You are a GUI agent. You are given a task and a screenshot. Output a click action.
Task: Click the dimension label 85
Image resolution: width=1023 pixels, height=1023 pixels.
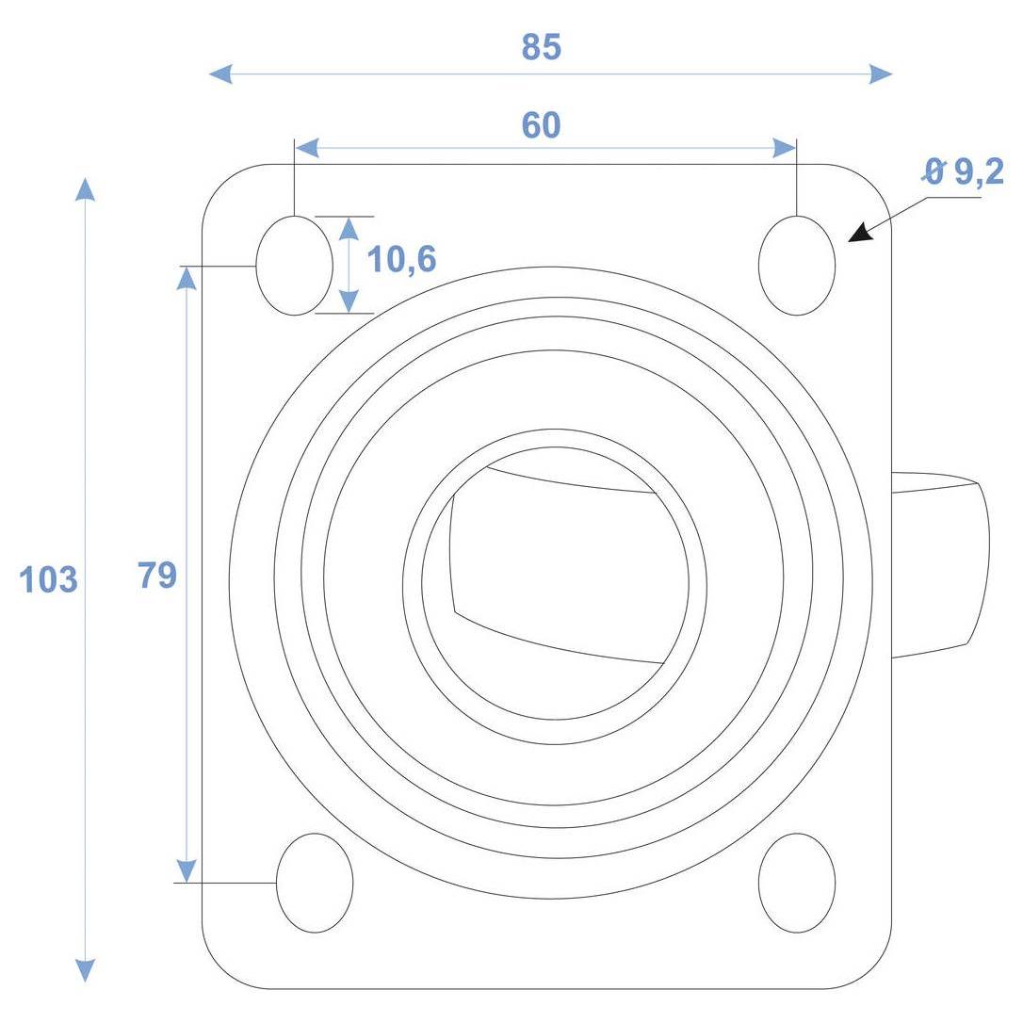click(541, 47)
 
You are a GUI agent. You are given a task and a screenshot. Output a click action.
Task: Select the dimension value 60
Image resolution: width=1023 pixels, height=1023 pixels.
click(541, 125)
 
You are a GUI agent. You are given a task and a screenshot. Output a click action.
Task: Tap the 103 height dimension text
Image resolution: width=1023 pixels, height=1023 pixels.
click(48, 579)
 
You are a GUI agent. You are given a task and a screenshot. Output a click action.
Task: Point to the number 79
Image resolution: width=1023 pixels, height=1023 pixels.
click(157, 576)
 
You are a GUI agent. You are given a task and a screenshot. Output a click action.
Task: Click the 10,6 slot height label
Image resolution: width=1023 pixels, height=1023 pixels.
click(401, 260)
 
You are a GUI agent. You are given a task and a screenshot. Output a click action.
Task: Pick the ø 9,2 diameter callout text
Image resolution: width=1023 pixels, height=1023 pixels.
click(963, 171)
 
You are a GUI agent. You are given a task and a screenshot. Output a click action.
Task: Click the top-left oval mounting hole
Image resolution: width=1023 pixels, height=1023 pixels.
click(294, 266)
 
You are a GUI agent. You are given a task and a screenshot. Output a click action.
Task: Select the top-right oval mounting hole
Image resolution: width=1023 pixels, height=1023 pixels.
click(797, 266)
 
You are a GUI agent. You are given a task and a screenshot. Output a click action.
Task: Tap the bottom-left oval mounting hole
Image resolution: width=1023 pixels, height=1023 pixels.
click(316, 883)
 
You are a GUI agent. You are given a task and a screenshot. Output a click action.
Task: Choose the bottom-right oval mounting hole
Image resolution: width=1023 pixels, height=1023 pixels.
click(797, 883)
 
